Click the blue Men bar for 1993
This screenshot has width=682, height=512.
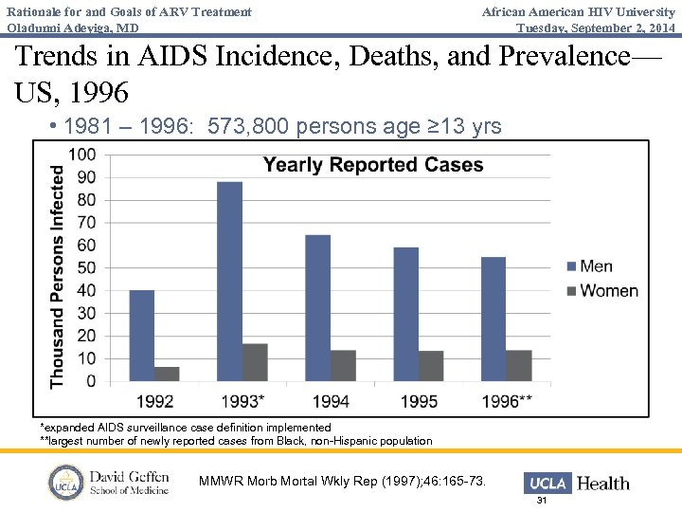click(229, 282)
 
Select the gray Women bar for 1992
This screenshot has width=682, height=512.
click(167, 374)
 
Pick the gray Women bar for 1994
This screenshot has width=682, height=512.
click(343, 366)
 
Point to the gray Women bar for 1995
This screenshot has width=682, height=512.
click(431, 366)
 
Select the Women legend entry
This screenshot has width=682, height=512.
click(601, 291)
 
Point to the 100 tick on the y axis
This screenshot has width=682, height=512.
click(81, 155)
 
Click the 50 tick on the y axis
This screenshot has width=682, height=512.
click(85, 267)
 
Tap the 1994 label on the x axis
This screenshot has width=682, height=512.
click(331, 401)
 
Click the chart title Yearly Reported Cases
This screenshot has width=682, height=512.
click(373, 165)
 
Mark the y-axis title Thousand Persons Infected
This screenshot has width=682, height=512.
click(58, 276)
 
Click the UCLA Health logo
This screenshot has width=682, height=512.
click(579, 483)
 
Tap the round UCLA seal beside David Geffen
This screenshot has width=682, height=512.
click(66, 482)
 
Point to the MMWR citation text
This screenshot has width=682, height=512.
click(342, 482)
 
